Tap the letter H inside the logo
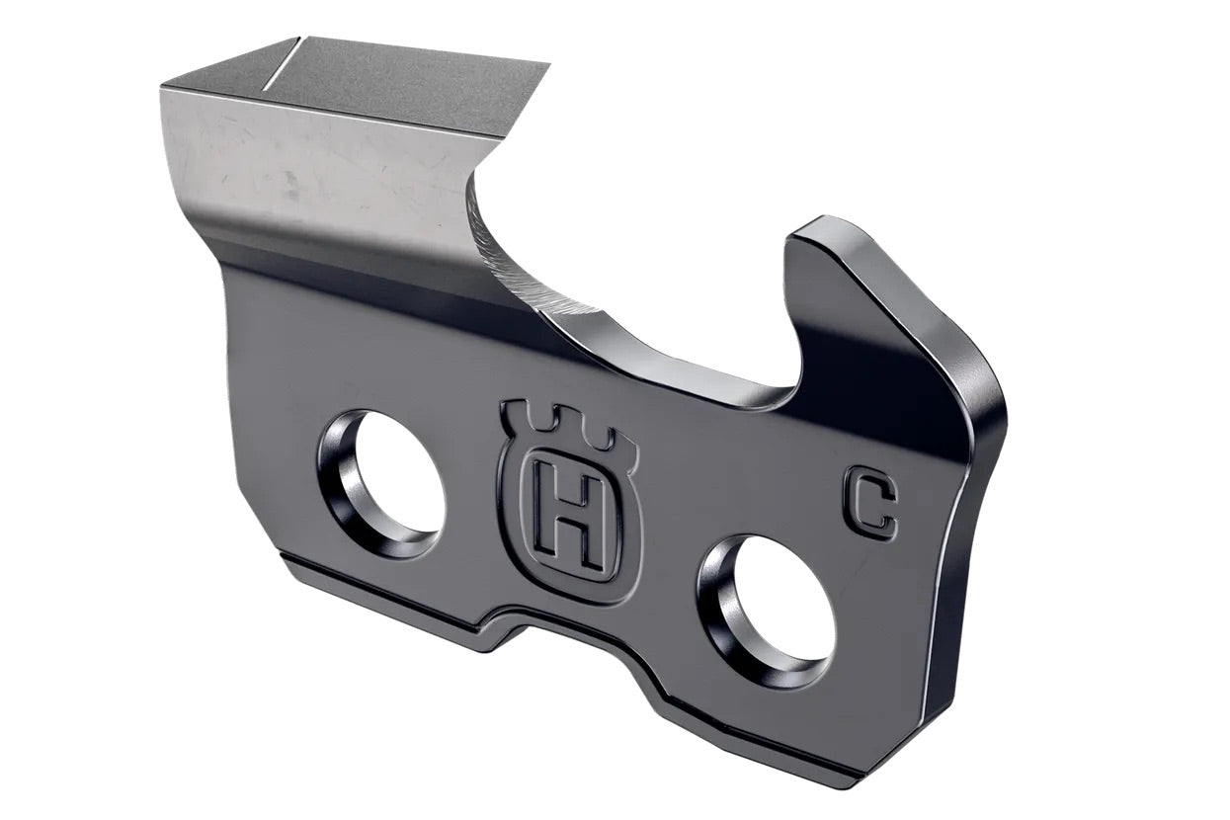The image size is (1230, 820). click(567, 513)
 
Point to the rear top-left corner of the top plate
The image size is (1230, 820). click(164, 87)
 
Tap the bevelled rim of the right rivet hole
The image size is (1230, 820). click(721, 622)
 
